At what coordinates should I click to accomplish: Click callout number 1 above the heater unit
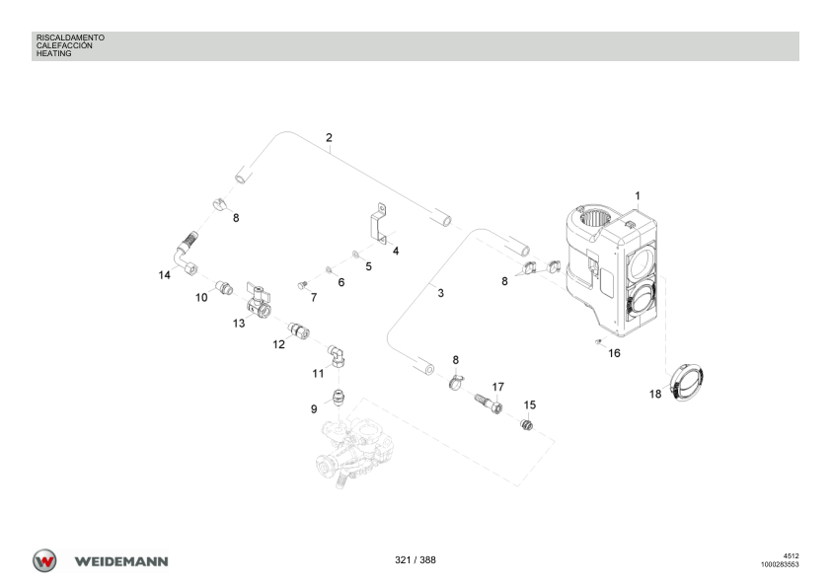coord(638,196)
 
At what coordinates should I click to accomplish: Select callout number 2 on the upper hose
coord(329,137)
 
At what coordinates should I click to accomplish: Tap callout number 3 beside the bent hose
coord(440,293)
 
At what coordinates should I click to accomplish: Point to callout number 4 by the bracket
coord(396,251)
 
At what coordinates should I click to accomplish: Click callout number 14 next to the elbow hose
coord(164,275)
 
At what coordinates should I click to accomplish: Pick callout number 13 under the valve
coord(239,323)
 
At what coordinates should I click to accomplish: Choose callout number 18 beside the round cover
coord(654,394)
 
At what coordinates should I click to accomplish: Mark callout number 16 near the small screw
coord(614,352)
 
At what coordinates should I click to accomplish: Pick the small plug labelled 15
coord(526,424)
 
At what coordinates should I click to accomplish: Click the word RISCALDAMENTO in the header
coord(70,37)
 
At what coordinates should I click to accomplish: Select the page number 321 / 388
coord(415,560)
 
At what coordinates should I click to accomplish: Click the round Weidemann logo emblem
coord(44,560)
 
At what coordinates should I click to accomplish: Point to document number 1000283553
coord(779,565)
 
